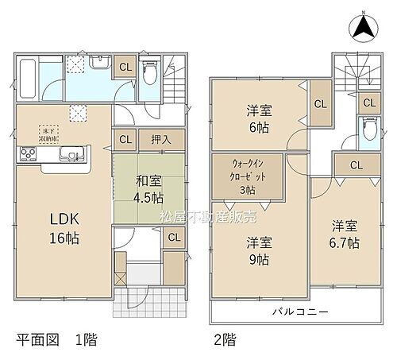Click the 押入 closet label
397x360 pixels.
coord(162,139)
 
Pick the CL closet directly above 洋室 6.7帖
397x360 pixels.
coord(356,165)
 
